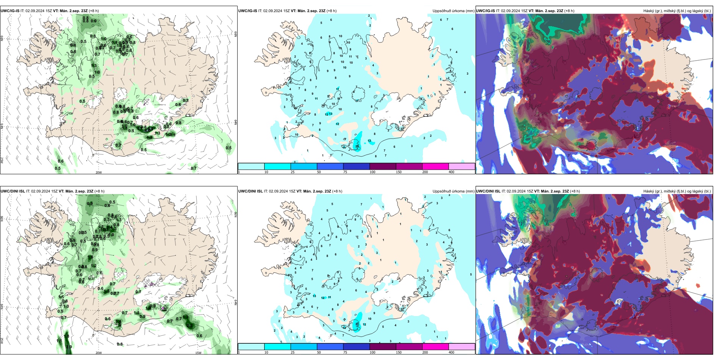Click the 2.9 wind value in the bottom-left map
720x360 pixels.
(69, 347)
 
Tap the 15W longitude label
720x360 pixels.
(198, 353)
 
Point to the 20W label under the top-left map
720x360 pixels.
(99, 172)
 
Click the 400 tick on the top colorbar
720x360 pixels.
(451, 172)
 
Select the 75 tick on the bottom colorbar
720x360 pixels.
(345, 352)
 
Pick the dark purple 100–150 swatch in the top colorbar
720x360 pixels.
(383, 166)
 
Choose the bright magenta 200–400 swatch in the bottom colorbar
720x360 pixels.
(435, 347)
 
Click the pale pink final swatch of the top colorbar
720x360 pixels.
(462, 166)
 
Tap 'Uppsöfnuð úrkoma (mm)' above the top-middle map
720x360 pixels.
(453, 11)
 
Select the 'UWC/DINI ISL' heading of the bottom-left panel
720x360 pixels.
(13, 191)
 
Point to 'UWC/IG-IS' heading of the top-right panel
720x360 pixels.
(485, 11)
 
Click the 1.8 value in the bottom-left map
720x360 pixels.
(66, 336)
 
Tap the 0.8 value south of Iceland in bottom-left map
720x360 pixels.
(120, 344)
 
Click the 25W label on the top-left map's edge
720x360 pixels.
(2, 160)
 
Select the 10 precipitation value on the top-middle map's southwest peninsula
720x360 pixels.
(296, 135)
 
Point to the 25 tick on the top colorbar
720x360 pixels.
(293, 172)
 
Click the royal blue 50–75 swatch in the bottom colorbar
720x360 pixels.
(330, 347)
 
